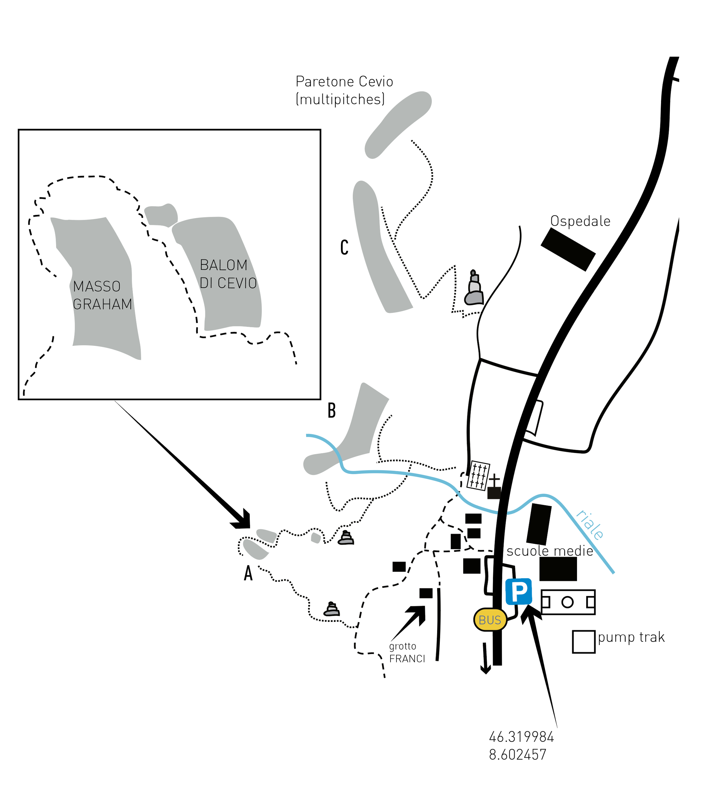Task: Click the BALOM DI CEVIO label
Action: tap(228, 274)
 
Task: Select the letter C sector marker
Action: tap(344, 248)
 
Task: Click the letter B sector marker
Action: tap(332, 411)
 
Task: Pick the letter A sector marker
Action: tap(248, 574)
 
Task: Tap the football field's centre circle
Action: tap(567, 602)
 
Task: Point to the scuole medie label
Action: tap(550, 551)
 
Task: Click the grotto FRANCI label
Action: tap(407, 653)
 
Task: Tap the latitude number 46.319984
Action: tap(521, 737)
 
